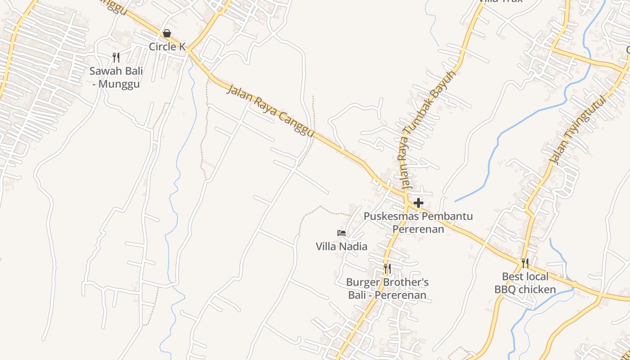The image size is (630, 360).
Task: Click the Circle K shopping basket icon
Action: (x=167, y=33)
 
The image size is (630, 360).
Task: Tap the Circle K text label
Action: (x=167, y=46)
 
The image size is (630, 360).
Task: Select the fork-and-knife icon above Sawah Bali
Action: (x=116, y=58)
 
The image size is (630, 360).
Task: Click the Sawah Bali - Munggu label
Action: (x=116, y=77)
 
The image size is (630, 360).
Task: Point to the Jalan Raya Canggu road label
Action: (x=270, y=110)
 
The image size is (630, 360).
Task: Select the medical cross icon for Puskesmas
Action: (x=418, y=203)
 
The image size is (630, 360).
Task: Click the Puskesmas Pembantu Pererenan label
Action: (x=418, y=222)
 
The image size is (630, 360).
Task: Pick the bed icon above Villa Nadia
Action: (x=342, y=233)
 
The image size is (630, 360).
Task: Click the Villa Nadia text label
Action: (x=342, y=246)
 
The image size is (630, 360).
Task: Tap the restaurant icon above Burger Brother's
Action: (x=387, y=269)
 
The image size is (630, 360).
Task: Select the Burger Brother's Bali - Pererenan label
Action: (x=387, y=288)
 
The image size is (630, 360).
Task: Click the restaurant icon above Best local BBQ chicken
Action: (x=525, y=263)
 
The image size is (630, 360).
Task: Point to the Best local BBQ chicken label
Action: (x=525, y=283)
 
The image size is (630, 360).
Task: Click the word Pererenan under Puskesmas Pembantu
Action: (x=418, y=229)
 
